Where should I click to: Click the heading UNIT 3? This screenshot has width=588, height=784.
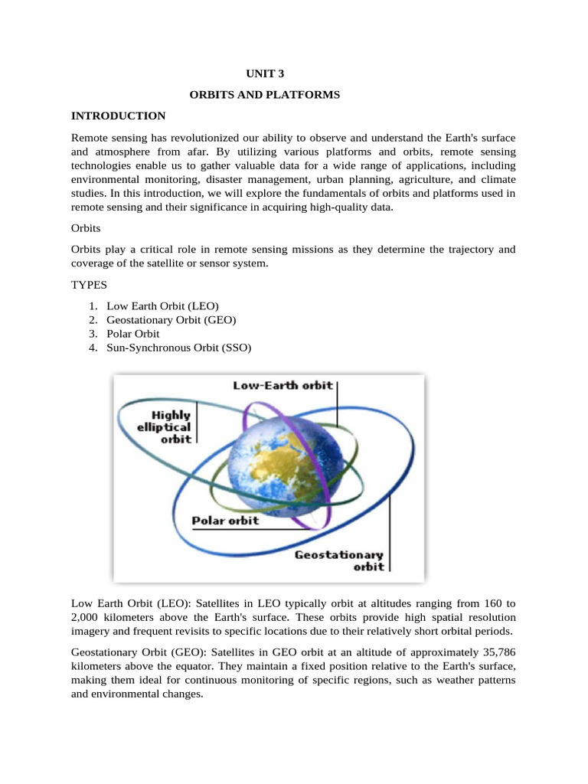pyautogui.click(x=264, y=74)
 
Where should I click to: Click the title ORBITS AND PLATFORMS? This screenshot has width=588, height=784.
pyautogui.click(x=264, y=95)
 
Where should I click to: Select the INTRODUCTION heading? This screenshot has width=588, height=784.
pyautogui.click(x=118, y=116)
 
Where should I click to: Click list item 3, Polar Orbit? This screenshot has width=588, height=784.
pyautogui.click(x=133, y=334)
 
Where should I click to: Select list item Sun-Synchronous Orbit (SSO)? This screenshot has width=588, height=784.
pyautogui.click(x=179, y=348)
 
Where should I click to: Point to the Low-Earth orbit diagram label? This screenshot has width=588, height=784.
pyautogui.click(x=283, y=385)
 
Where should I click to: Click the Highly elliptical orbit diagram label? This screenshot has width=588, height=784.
pyautogui.click(x=164, y=427)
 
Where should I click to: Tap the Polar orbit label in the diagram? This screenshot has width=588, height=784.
pyautogui.click(x=225, y=521)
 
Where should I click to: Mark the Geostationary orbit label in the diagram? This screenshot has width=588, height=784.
pyautogui.click(x=339, y=560)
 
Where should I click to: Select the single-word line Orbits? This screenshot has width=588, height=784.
pyautogui.click(x=87, y=228)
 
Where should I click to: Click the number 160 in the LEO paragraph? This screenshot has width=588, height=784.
pyautogui.click(x=491, y=603)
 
